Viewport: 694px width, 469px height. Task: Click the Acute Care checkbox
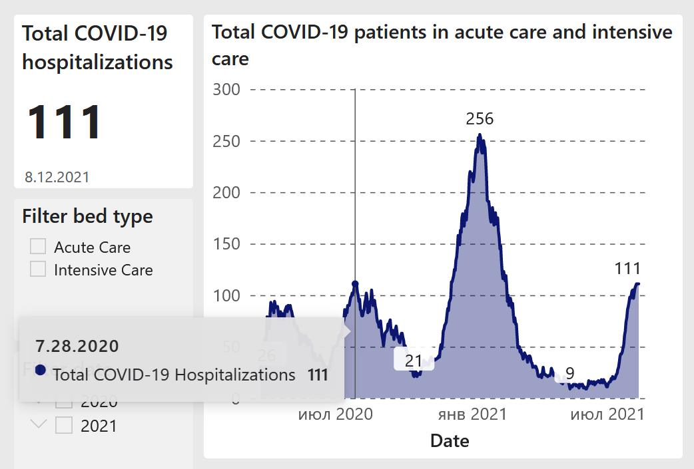click(38, 247)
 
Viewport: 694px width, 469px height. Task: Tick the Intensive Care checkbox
click(38, 269)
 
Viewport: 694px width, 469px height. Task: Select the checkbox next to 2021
click(64, 425)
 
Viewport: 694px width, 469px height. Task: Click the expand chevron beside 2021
click(39, 424)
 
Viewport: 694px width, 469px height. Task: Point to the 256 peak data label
click(480, 119)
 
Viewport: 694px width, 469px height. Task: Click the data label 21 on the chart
click(414, 361)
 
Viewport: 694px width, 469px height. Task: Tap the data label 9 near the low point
click(569, 374)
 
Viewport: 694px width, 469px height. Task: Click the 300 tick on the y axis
click(226, 89)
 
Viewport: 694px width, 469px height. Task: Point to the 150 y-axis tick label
click(226, 244)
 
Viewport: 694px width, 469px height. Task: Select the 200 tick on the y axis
click(226, 193)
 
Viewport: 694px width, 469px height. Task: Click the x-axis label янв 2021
click(472, 414)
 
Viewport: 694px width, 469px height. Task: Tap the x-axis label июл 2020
click(335, 414)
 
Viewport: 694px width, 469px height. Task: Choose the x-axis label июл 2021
click(607, 414)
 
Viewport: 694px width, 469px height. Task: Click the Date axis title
click(450, 440)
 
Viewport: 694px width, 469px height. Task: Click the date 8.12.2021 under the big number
click(57, 177)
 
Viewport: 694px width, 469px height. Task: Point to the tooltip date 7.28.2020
click(77, 346)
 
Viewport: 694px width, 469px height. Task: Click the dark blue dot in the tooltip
click(40, 370)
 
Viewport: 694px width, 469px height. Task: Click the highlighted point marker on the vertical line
click(355, 284)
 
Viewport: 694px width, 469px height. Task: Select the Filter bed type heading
click(87, 216)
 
